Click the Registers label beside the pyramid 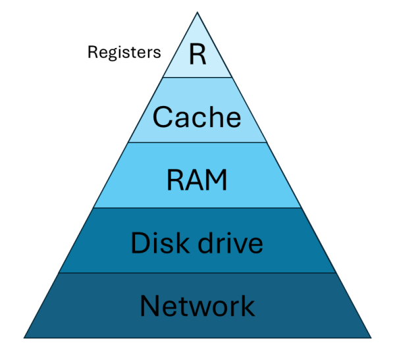124,53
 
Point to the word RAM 197,180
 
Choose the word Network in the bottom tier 197,306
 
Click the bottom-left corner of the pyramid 24,337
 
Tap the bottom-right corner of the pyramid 371,337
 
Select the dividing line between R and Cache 197,77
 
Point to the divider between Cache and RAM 197,142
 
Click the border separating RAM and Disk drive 197,207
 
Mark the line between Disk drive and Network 197,272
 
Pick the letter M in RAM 217,180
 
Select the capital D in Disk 140,243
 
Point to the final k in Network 248,306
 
